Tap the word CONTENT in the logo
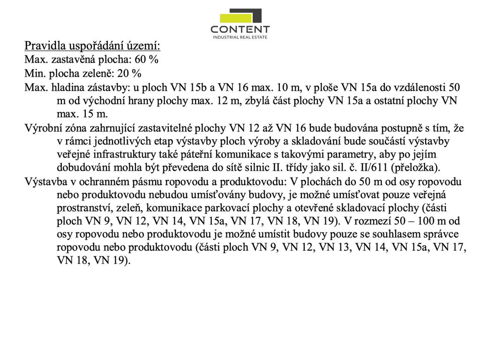click(x=240, y=30)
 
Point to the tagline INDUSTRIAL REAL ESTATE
click(x=240, y=37)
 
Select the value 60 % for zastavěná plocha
click(x=147, y=60)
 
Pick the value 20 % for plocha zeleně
click(x=130, y=74)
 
